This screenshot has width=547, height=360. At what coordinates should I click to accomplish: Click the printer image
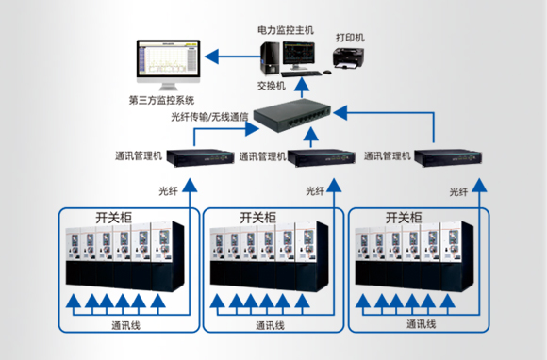[x=351, y=59]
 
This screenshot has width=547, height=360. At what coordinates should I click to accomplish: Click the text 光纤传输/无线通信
[x=208, y=117]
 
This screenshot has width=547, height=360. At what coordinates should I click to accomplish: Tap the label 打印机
[x=350, y=38]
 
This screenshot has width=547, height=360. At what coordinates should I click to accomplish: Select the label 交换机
[x=271, y=86]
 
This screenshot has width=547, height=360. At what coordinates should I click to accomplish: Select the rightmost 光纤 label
[x=459, y=191]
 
